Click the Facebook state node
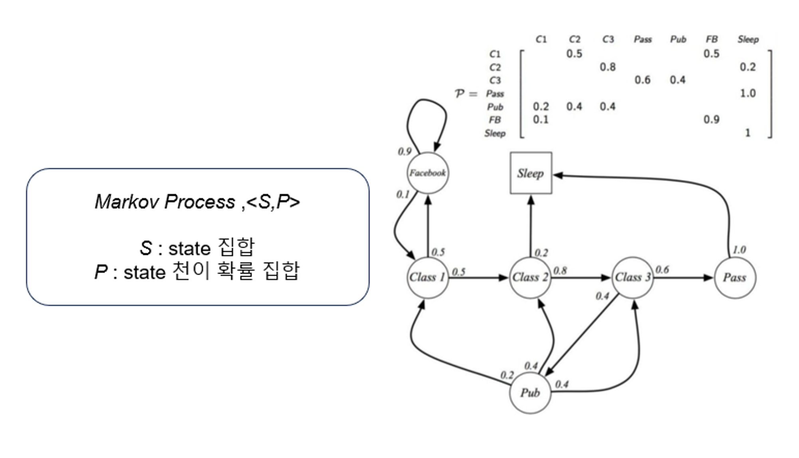[427, 173]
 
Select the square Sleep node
[531, 173]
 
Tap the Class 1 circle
[427, 277]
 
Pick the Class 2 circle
[530, 277]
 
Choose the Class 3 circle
[633, 277]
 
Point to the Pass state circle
[735, 277]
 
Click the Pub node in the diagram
[530, 393]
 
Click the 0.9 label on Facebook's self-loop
[404, 152]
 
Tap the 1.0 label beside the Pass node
[739, 250]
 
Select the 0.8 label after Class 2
[560, 271]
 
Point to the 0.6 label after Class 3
[662, 270]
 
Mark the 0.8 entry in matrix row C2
[607, 67]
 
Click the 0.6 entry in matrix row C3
[642, 80]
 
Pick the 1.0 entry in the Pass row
[747, 93]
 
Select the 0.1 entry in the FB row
[541, 120]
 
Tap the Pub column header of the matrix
[678, 39]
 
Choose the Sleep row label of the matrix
[495, 133]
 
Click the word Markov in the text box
[127, 202]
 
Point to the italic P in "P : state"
[100, 272]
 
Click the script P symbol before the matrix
[459, 94]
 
